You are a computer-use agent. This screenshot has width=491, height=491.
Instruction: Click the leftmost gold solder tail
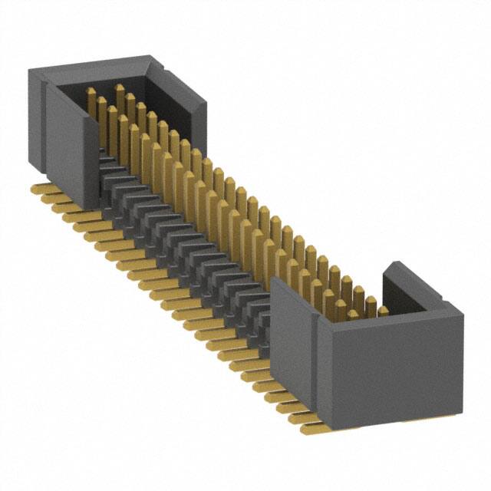38,189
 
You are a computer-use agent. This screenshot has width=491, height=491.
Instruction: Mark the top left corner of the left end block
31,71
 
